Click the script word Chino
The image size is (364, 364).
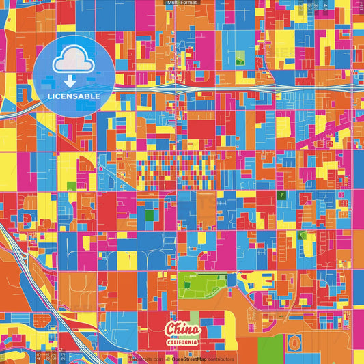click(182, 328)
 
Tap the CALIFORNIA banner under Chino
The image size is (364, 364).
click(182, 341)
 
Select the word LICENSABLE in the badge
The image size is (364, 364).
click(73, 96)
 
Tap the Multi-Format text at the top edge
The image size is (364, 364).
click(182, 3)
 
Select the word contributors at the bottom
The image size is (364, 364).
click(221, 359)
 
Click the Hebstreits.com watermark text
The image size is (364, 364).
click(145, 359)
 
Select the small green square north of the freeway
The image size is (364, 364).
click(240, 59)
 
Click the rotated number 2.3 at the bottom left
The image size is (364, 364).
click(64, 356)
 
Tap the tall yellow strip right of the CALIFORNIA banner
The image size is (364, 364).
click(195, 321)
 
